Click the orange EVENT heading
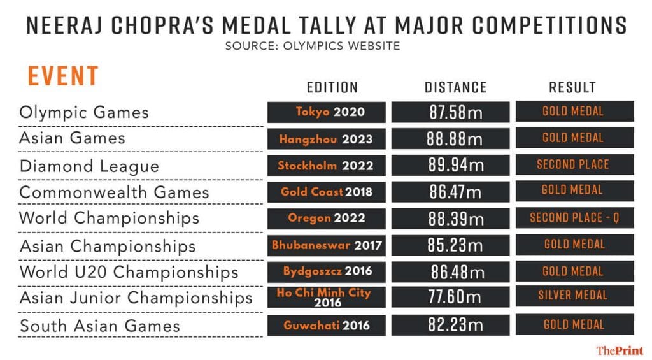(62, 76)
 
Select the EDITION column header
(332, 87)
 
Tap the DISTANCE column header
(455, 87)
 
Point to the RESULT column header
(572, 87)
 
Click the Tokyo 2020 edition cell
(327, 112)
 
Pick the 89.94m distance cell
(450, 165)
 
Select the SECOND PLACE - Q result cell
(574, 218)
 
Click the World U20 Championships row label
(129, 272)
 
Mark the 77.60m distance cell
(450, 297)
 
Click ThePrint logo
(619, 350)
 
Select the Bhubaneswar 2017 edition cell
(327, 245)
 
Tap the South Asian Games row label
(99, 326)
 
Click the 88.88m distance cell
(450, 138)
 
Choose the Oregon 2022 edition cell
(327, 218)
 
